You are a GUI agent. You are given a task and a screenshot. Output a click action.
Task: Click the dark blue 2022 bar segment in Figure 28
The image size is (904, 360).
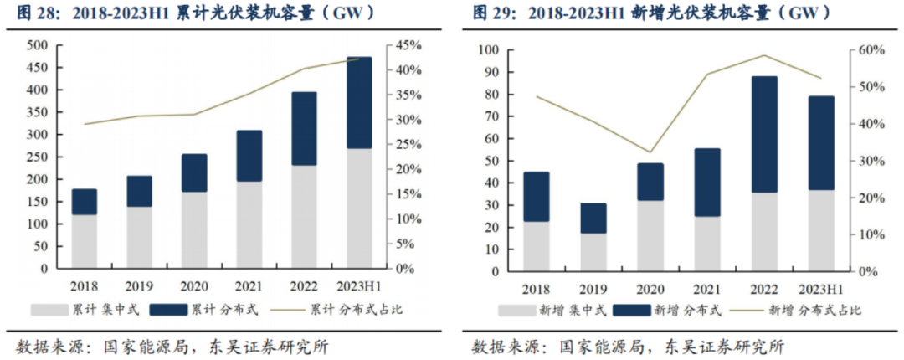point(304,128)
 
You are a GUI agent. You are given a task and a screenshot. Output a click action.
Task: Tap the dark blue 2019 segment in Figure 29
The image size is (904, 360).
point(593,218)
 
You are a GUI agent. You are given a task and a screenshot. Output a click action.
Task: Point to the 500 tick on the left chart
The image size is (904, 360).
point(37,45)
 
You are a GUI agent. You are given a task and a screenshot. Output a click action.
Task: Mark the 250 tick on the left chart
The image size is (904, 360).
point(37,157)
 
